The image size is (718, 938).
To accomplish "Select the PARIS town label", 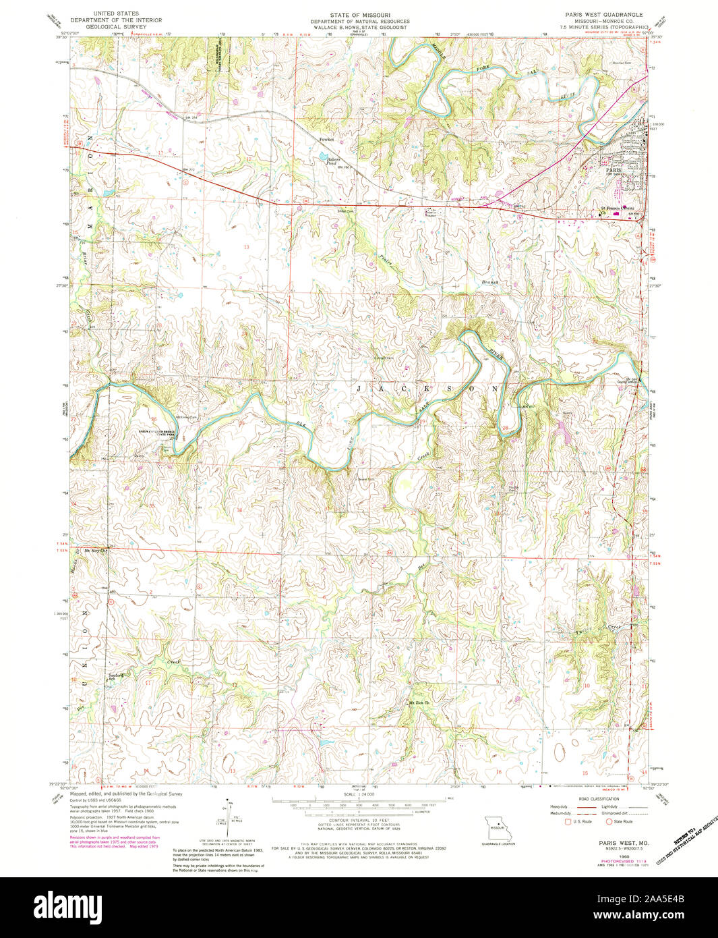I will (613, 171).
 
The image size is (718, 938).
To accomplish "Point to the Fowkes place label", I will (327, 140).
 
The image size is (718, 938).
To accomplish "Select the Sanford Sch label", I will (117, 676).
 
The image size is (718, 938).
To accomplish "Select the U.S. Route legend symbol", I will (568, 822).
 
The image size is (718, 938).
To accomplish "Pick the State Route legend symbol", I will (609, 822).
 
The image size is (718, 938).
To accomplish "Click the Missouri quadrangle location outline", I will (498, 827).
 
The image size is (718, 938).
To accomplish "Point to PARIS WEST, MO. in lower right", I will (615, 843).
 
